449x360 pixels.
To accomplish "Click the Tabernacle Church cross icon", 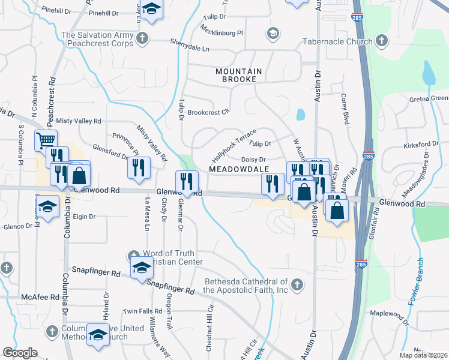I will click(380, 41).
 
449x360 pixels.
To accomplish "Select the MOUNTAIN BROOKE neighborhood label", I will click(239, 75).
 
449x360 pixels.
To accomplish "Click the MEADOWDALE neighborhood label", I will click(238, 170).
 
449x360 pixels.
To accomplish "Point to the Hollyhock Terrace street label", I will click(234, 140).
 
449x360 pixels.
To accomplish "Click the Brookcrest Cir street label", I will click(208, 112).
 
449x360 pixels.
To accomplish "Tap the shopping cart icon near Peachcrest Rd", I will click(46, 140).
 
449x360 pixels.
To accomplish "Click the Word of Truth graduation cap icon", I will click(141, 267).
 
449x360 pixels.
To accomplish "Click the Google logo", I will click(20, 352).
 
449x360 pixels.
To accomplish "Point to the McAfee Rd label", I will click(39, 297).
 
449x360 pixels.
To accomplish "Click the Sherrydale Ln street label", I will click(190, 47).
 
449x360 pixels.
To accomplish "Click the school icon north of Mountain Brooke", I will click(274, 32).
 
